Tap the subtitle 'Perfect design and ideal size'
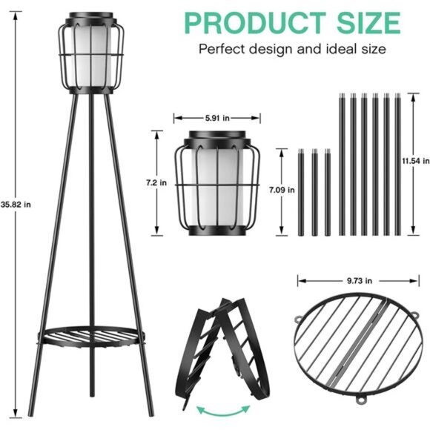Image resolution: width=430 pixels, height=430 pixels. (x=291, y=50)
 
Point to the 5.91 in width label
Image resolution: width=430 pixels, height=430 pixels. (x=216, y=116)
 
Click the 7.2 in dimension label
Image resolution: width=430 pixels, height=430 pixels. (x=157, y=181)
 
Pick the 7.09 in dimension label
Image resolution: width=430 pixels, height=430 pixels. (x=286, y=190)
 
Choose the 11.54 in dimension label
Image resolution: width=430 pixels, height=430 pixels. (x=414, y=160)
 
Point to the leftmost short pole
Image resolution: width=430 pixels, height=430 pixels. (x=301, y=193)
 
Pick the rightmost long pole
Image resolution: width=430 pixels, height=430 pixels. (x=398, y=163)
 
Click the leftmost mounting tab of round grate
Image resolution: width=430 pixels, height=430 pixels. (x=298, y=320)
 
